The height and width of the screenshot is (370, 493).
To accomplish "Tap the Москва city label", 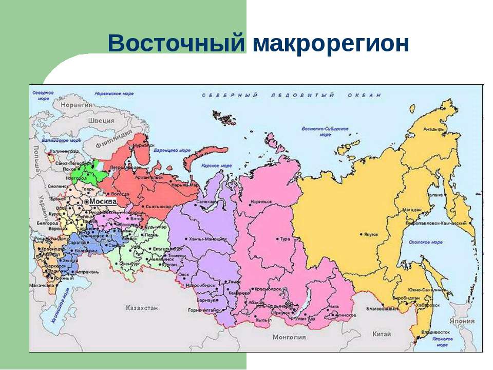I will point(103,202).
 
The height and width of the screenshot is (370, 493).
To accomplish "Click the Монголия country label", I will point(290,337).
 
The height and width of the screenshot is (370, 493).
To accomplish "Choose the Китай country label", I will point(382,334).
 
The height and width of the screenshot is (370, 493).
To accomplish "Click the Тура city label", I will point(285,239).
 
